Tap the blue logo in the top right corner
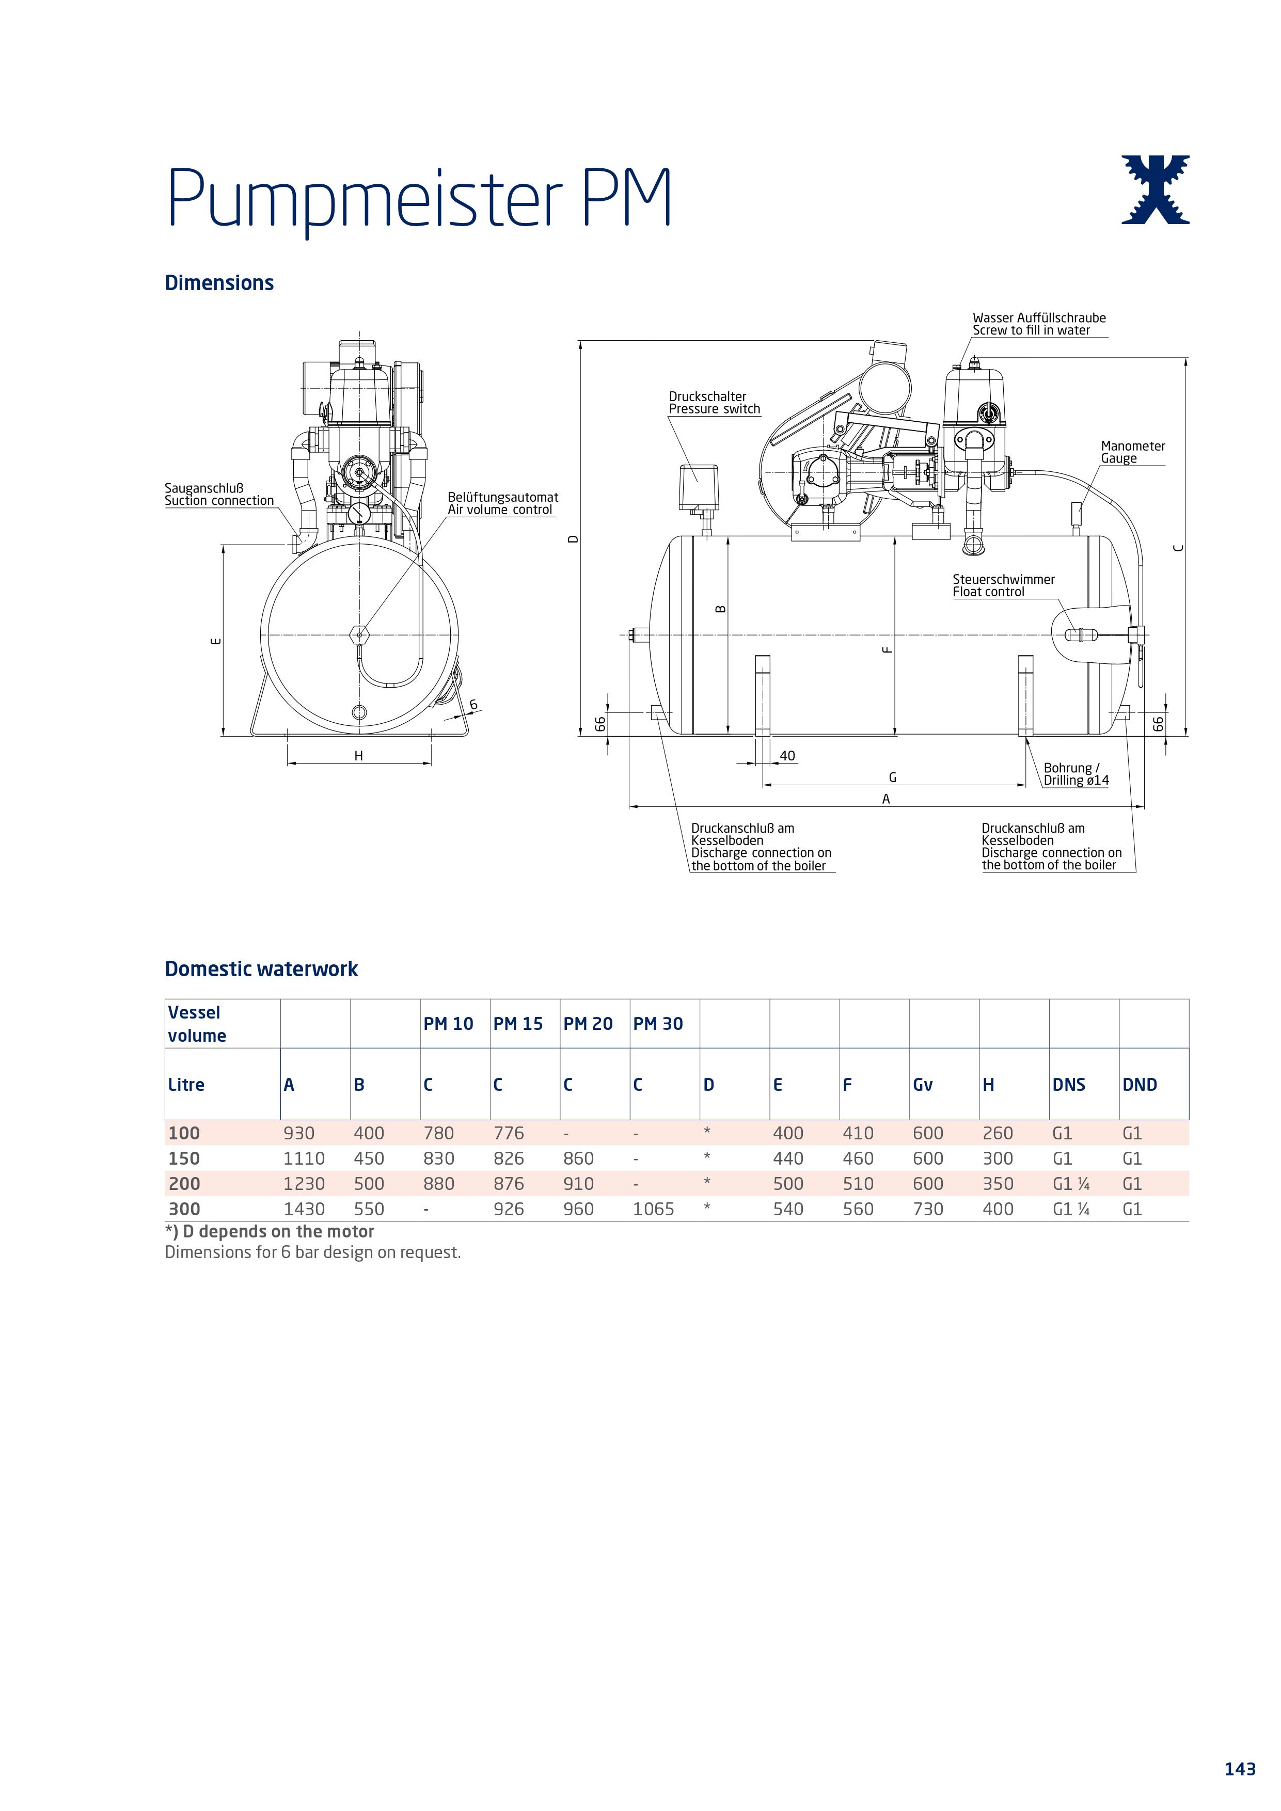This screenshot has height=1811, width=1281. coord(1155,189)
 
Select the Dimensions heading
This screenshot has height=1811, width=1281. coord(219,283)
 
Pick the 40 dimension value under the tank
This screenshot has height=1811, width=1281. coord(787,756)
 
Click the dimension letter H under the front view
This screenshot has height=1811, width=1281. coord(359,756)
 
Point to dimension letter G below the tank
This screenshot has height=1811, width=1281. coord(893,777)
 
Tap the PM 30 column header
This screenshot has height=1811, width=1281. coord(658,1024)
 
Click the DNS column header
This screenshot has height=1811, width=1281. coord(1069,1085)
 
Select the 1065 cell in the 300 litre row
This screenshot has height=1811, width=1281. coord(653,1209)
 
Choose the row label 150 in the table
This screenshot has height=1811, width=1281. coord(184,1158)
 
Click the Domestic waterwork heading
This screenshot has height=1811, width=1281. coord(261,970)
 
